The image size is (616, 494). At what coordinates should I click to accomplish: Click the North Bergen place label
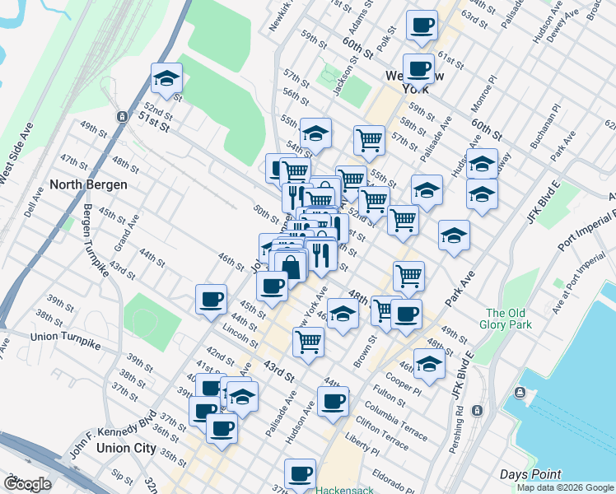[89, 184]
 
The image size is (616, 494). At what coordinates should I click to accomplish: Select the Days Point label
[530, 474]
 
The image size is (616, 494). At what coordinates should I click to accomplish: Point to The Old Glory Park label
[509, 319]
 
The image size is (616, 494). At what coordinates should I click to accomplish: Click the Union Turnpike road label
[63, 337]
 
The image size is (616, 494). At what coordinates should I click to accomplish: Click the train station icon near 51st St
[122, 116]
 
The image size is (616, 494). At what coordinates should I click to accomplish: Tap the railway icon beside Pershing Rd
[478, 410]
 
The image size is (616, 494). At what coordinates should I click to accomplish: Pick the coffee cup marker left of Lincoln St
[212, 299]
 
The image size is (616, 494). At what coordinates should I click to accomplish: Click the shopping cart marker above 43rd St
[308, 341]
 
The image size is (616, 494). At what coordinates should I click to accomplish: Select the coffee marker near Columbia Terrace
[333, 402]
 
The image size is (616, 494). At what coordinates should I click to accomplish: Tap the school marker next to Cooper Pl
[429, 363]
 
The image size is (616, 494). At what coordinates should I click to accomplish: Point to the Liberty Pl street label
[362, 450]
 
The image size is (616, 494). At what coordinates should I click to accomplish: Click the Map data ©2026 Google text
[564, 487]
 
